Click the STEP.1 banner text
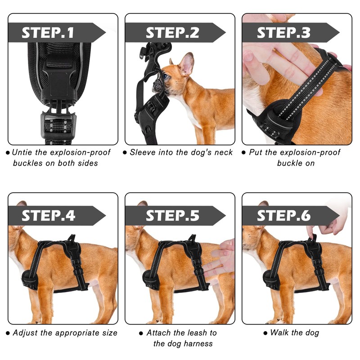point(48,32)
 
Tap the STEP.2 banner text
point(172,32)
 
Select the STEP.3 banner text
point(284,32)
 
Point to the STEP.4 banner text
point(49,216)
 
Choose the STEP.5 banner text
point(172,216)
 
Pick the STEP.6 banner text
point(284,216)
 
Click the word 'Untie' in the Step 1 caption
point(22,152)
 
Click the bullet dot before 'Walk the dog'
point(265,333)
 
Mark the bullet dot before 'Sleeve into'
point(125,153)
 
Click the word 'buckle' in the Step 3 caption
point(288,163)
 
